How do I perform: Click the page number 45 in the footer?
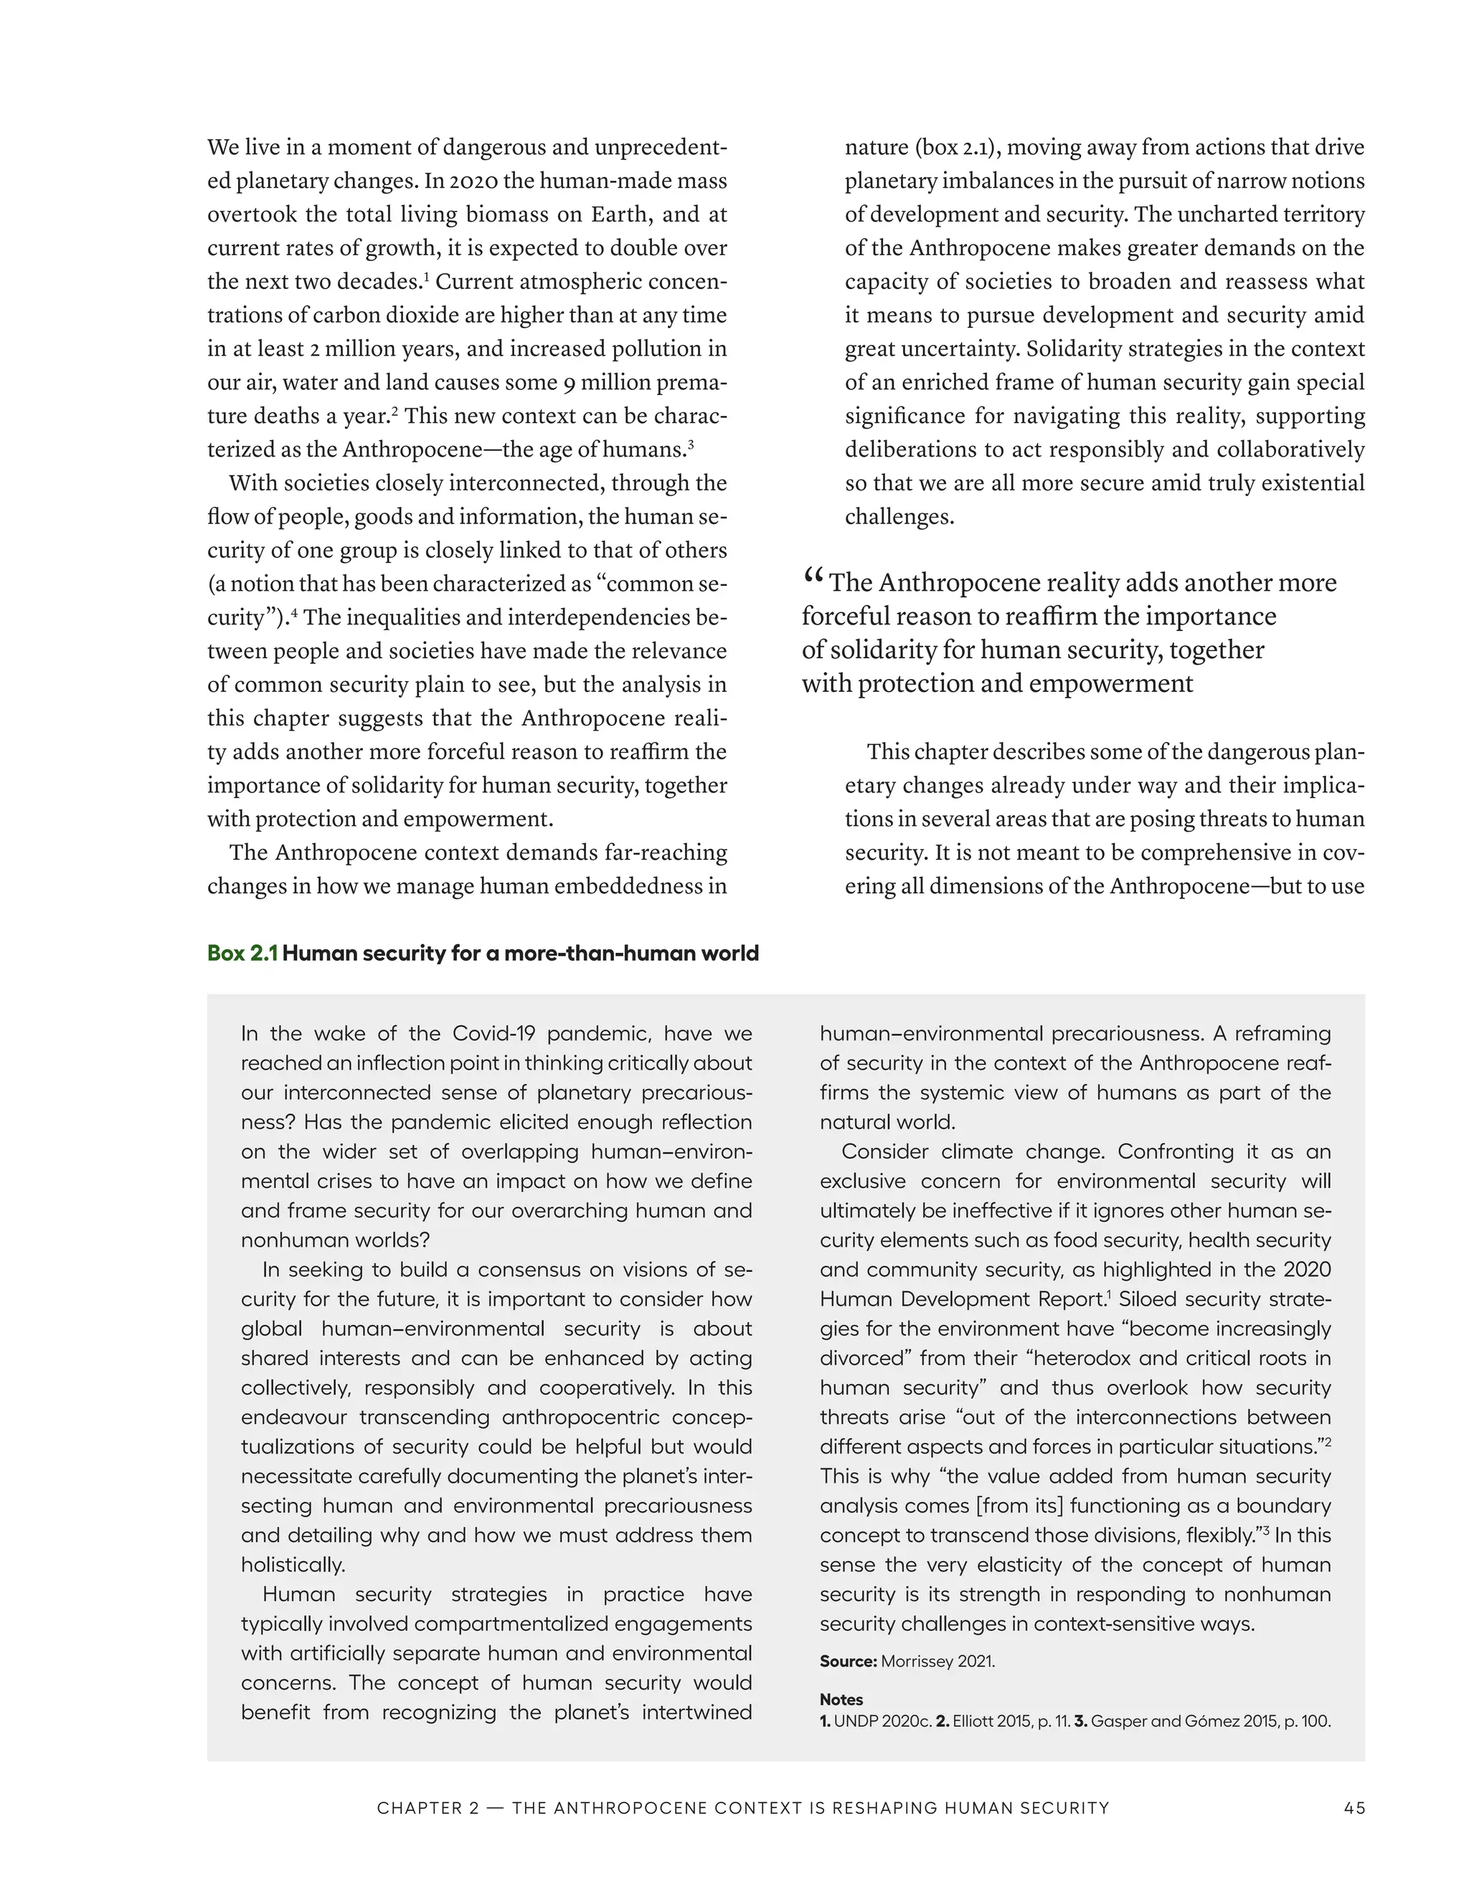(1354, 1808)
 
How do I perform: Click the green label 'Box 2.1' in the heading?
(242, 954)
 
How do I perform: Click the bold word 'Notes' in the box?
(841, 1699)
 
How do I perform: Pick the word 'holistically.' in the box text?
(293, 1564)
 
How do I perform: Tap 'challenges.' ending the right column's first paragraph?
(899, 517)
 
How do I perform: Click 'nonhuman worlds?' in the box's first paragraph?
(335, 1240)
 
